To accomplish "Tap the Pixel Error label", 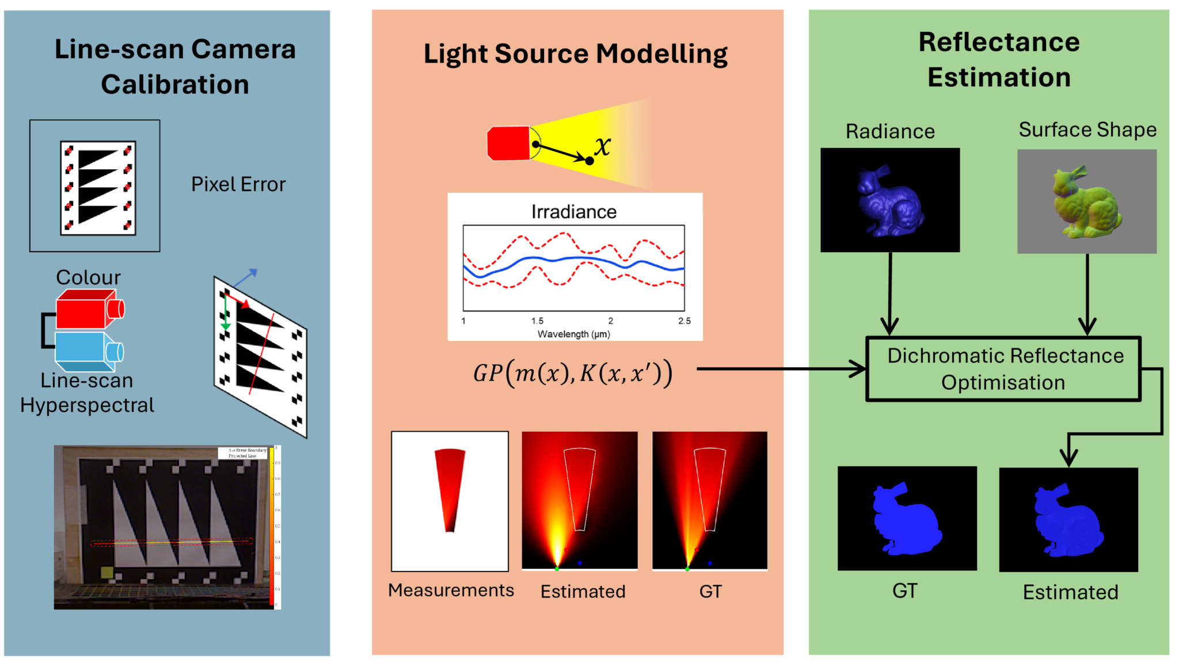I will coord(238,184).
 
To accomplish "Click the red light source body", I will coord(508,143).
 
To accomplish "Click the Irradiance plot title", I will coord(573,212).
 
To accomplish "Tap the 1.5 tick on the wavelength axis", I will coord(537,321).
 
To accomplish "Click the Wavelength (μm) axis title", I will coord(573,334).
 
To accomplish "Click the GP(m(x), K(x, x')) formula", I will coord(572,373).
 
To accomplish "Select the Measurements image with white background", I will coord(450,501).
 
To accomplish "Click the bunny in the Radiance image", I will coord(889,201).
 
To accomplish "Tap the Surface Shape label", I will coord(1087,130).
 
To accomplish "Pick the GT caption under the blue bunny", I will coord(904,591).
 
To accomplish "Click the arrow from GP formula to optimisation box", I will coord(777,369).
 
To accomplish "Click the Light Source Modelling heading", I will coord(575,54).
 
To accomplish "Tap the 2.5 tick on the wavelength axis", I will coord(684,321).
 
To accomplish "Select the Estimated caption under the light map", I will coord(583,591).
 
